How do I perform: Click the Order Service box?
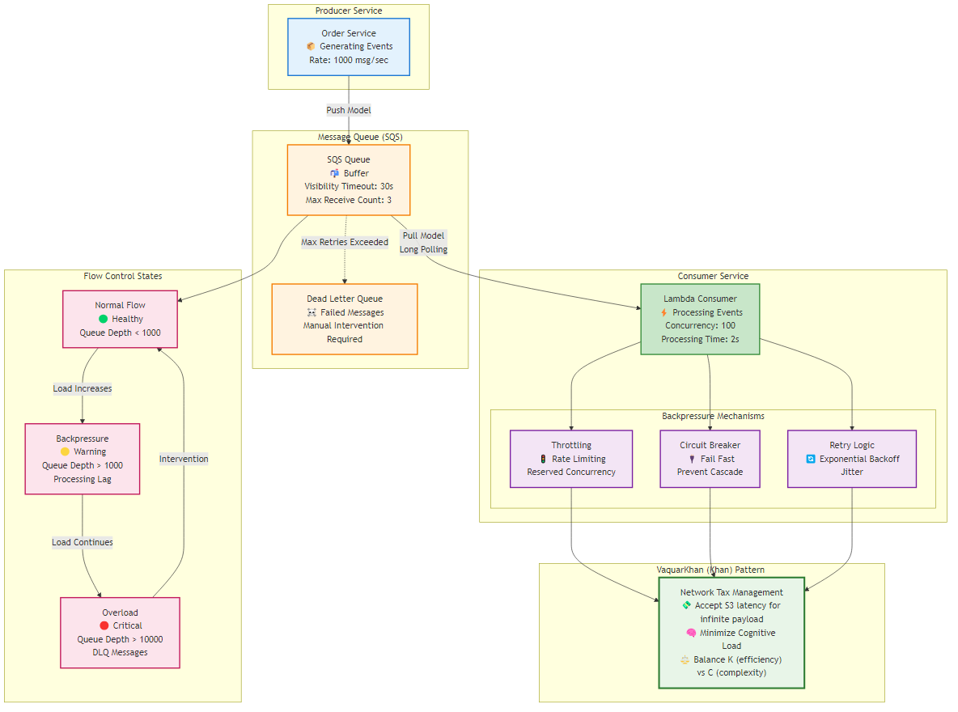[349, 47]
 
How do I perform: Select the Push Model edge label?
[349, 110]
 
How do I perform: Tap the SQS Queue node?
[349, 180]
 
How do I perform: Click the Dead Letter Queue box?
[345, 319]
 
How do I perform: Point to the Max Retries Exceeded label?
[345, 242]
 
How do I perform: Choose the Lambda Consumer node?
[701, 319]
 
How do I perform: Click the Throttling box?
[571, 459]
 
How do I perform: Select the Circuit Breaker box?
[710, 459]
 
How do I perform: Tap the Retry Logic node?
[852, 459]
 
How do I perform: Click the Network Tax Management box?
[731, 633]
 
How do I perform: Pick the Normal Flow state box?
[121, 319]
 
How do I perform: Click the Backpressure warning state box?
[83, 459]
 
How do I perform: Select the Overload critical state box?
[120, 633]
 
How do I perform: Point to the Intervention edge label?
[184, 459]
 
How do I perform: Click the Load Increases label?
[83, 388]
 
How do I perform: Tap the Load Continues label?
[83, 542]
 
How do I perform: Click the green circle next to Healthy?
[103, 319]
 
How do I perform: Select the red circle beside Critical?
[104, 625]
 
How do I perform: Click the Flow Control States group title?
[123, 277]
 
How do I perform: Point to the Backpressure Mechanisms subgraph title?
[713, 416]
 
